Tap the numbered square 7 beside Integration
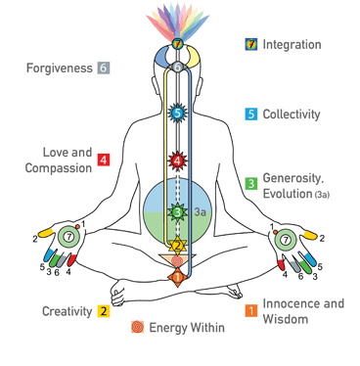click(x=251, y=44)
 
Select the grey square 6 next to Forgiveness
click(x=103, y=69)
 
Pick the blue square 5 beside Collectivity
click(x=251, y=114)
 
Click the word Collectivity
click(x=292, y=114)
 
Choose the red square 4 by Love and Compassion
click(x=103, y=160)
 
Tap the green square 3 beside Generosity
click(x=251, y=182)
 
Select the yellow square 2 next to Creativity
click(x=103, y=311)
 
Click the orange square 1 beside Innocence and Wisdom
click(x=251, y=311)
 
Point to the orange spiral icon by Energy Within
click(x=138, y=328)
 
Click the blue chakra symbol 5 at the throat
click(x=177, y=114)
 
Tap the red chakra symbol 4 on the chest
click(x=177, y=160)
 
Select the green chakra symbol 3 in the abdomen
click(x=177, y=211)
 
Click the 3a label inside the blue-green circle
click(x=202, y=210)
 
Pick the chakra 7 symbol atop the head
click(x=177, y=45)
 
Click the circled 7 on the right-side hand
click(x=285, y=237)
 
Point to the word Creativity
click(x=67, y=311)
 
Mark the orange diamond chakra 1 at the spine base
click(x=177, y=277)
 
